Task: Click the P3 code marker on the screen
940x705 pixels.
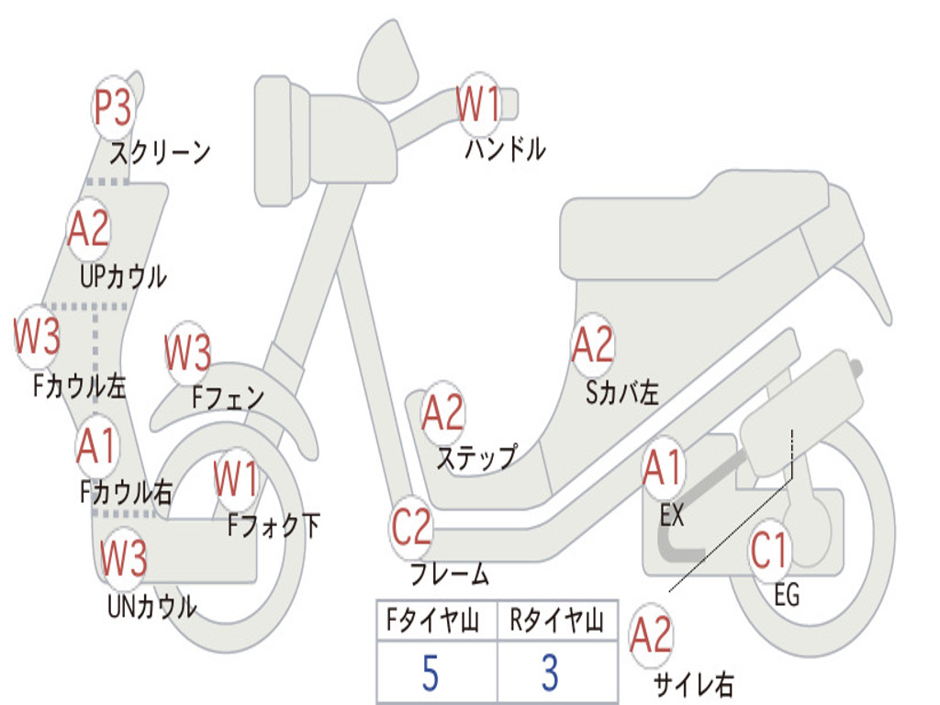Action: [114, 109]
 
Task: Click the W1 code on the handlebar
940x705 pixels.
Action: [478, 104]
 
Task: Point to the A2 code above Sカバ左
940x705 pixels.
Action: [592, 345]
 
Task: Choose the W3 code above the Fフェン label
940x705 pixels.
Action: [188, 353]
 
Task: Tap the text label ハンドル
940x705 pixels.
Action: [505, 149]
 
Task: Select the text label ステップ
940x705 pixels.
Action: [476, 457]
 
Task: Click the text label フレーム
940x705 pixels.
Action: [450, 576]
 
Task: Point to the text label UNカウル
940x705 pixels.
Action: [152, 606]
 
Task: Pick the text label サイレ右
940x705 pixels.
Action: [694, 683]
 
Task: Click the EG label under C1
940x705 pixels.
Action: [787, 595]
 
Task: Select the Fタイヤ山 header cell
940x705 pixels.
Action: [436, 622]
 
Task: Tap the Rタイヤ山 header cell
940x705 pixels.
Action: [556, 622]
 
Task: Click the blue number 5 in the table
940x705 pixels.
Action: [430, 673]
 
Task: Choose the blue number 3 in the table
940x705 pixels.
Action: [550, 673]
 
